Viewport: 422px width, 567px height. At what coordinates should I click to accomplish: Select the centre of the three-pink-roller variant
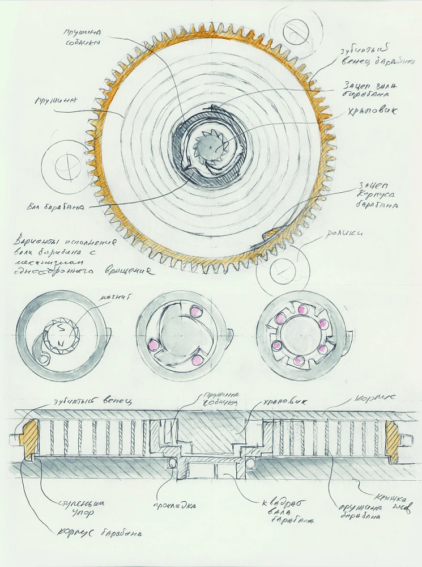[178, 332]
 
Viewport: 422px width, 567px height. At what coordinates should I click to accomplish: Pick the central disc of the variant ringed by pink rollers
[300, 332]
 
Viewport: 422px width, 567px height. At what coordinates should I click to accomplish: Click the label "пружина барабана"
[357, 509]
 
